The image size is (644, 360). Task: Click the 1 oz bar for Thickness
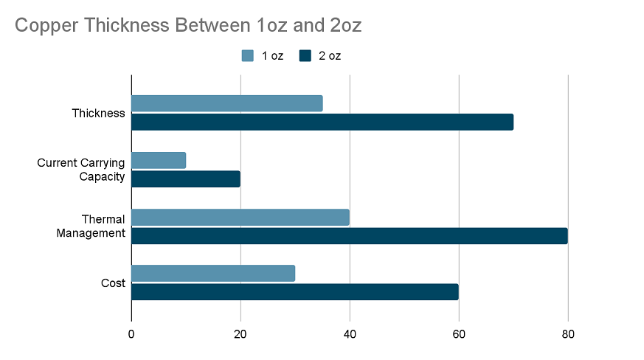(227, 103)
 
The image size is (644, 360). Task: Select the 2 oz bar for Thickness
(322, 122)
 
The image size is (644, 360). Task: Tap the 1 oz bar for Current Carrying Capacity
(159, 160)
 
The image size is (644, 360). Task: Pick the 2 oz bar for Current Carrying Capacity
(186, 179)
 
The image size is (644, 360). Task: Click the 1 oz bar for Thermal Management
(240, 217)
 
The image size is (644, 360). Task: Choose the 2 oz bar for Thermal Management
(350, 235)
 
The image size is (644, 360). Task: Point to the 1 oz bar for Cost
(213, 273)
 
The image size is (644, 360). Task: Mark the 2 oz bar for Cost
(295, 291)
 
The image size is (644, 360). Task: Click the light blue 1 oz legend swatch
(248, 55)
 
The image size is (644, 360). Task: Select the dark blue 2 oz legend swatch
(305, 55)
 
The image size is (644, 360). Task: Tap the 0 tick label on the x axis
(131, 334)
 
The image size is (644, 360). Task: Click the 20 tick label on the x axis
(240, 334)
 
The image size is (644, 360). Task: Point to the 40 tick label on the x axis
(350, 334)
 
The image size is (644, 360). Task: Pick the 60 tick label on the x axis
(459, 334)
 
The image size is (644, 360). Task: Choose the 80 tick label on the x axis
(568, 334)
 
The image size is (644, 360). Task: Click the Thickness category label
(98, 113)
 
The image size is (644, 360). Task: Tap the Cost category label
(112, 283)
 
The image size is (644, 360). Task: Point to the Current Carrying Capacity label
(81, 170)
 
